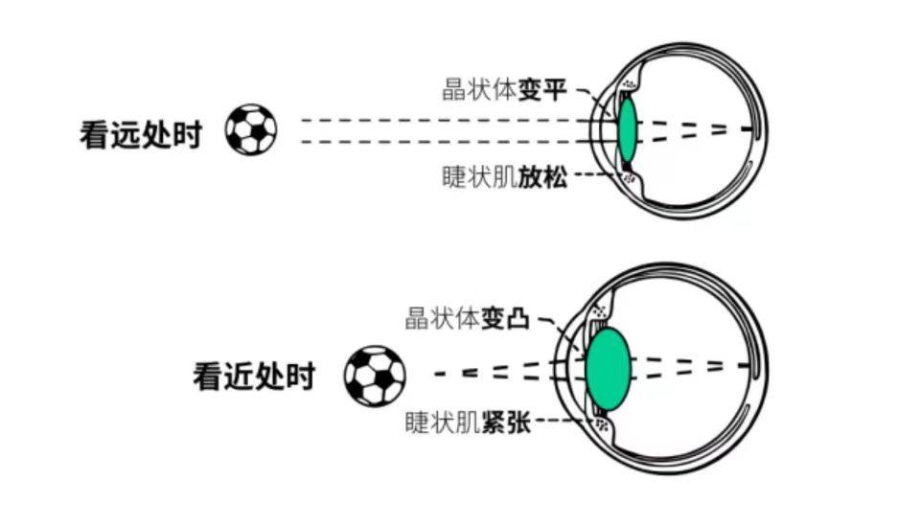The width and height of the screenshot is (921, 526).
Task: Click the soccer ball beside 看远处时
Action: (x=251, y=129)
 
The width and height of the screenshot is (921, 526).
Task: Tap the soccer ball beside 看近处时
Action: (x=375, y=375)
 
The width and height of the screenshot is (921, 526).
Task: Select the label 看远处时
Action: (x=140, y=135)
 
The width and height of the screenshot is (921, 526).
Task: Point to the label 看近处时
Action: (x=254, y=376)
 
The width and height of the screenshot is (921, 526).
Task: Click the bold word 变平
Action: (x=543, y=91)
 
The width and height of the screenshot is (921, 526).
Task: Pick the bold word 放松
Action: (x=543, y=177)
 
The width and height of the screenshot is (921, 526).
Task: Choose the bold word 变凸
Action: (x=506, y=319)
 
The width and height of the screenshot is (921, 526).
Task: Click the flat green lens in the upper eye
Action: (x=628, y=129)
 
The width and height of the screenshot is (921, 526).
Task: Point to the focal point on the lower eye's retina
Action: (x=749, y=365)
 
